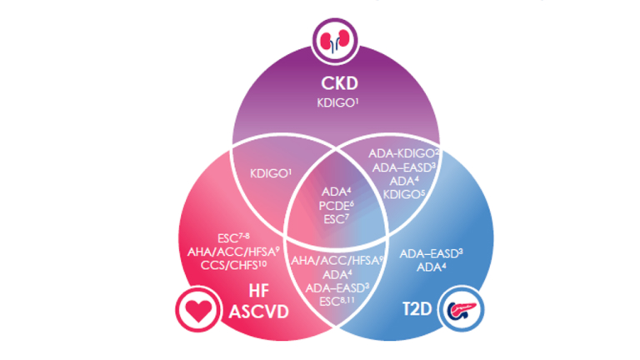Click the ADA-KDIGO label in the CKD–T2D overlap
(x=403, y=153)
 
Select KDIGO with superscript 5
(x=403, y=193)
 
